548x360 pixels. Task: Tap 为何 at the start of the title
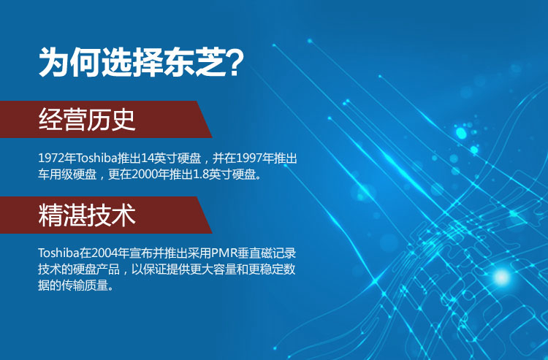point(69,63)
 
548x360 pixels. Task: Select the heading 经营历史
point(87,120)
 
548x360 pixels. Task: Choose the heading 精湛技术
point(87,215)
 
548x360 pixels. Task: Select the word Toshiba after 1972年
point(96,158)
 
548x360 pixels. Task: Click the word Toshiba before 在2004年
point(58,253)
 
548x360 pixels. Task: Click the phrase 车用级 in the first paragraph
point(56,175)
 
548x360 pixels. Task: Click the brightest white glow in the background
point(501,277)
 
